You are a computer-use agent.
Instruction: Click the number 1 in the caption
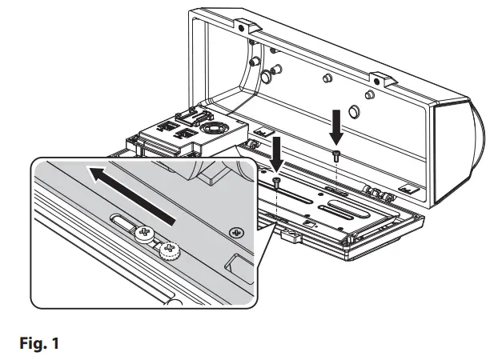click(54, 345)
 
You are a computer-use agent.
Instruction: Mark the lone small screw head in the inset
click(236, 232)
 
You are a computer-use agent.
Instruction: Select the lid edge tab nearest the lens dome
click(380, 78)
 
